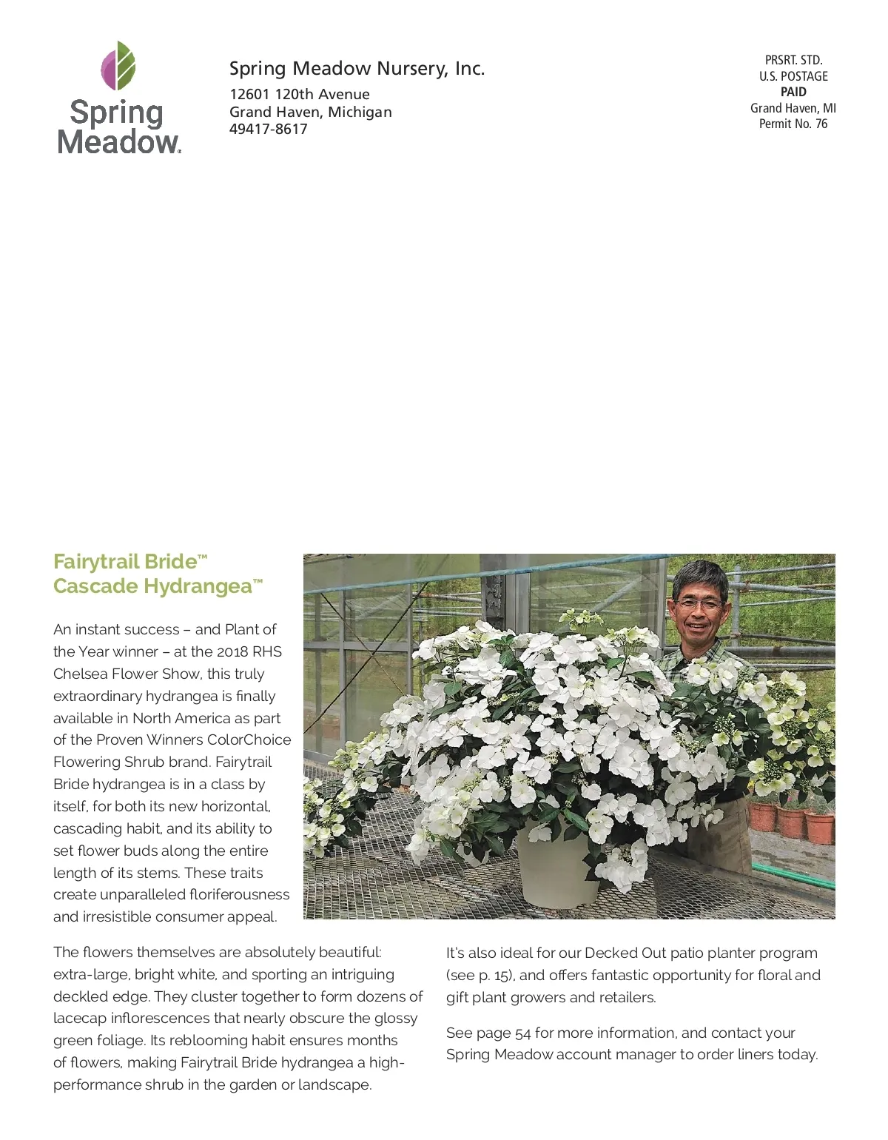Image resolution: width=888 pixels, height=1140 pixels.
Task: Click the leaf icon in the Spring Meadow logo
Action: pos(118,65)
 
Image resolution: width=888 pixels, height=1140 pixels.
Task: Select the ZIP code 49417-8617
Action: pos(268,130)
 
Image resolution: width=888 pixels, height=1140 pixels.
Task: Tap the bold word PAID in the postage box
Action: pos(793,93)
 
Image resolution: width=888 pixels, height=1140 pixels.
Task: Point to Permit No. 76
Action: pos(793,124)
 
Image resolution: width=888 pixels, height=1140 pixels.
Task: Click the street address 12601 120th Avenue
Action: pos(299,95)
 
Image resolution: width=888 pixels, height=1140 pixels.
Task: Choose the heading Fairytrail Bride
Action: pos(126,562)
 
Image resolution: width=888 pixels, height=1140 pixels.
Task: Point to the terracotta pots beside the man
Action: pos(792,822)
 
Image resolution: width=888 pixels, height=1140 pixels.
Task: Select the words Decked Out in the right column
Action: pos(625,953)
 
